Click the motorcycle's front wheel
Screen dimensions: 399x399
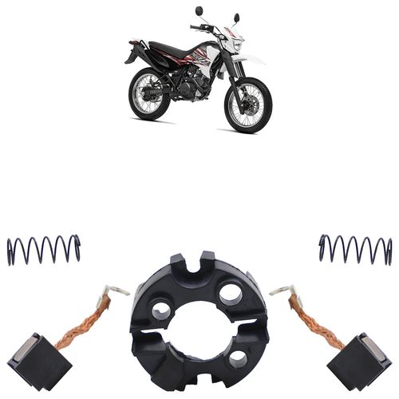click(x=248, y=105)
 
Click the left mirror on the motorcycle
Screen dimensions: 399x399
click(x=199, y=12)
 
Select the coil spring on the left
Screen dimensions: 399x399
click(x=44, y=250)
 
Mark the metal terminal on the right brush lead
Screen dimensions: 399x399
click(x=281, y=292)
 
